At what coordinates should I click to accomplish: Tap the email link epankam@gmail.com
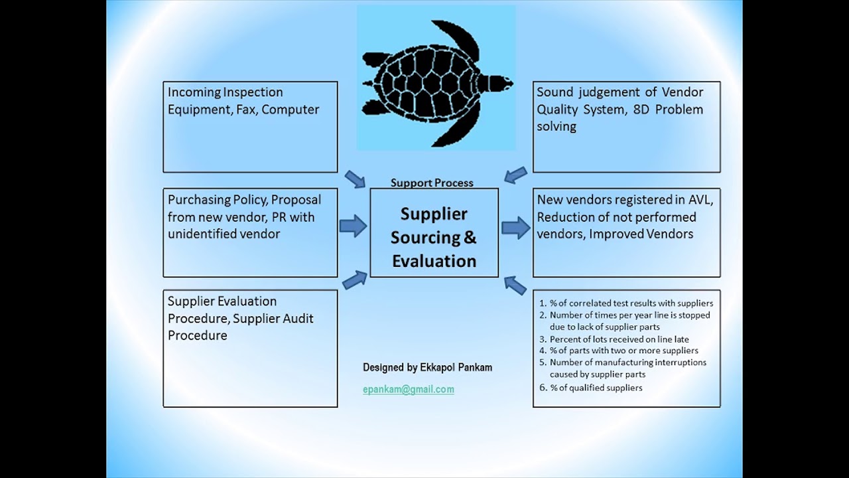[x=408, y=390]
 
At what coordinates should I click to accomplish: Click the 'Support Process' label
[x=432, y=183]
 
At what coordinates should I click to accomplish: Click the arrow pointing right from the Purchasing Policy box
[x=353, y=226]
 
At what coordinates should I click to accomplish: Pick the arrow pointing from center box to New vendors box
[x=515, y=228]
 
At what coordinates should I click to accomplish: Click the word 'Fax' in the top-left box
[x=245, y=110]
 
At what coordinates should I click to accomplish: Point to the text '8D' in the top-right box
[x=637, y=110]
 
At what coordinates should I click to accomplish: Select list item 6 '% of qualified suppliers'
[x=596, y=388]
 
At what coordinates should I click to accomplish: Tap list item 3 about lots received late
[x=619, y=339]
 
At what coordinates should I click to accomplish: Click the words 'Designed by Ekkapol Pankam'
[x=427, y=367]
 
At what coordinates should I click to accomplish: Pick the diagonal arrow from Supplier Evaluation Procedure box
[x=355, y=279]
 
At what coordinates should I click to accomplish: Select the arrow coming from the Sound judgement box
[x=515, y=175]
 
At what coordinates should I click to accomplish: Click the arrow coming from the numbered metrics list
[x=515, y=285]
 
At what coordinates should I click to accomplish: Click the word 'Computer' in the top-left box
[x=290, y=110]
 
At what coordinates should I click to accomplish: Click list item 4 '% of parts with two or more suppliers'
[x=623, y=351]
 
